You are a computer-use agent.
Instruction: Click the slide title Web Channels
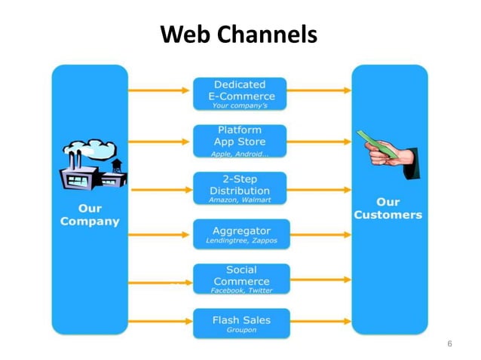[x=240, y=34]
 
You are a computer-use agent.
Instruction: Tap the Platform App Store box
[x=240, y=141]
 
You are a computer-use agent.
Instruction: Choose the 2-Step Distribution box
[x=240, y=188]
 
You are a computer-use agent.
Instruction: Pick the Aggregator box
[x=240, y=234]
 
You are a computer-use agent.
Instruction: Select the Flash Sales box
[x=240, y=324]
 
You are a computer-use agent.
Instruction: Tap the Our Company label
[x=90, y=215]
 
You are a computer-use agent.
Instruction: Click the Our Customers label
[x=388, y=209]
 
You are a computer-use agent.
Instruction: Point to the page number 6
[x=449, y=344]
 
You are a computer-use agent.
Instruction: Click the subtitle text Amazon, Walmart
[x=239, y=200]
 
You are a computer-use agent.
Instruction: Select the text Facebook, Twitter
[x=241, y=290]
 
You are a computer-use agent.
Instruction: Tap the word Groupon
[x=240, y=330]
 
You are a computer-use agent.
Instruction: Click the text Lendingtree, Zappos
[x=241, y=241]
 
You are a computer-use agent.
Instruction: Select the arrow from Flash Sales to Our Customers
[x=320, y=322]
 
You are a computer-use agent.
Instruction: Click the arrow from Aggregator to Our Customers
[x=320, y=233]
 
